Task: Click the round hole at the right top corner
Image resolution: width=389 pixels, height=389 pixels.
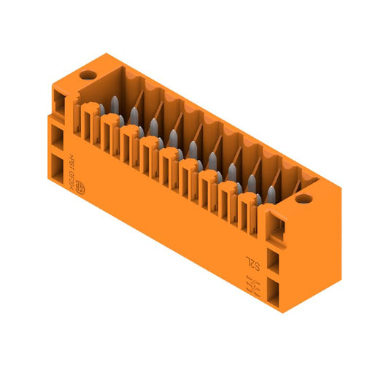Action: [x=304, y=198]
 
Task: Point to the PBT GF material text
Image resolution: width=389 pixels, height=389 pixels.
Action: [x=85, y=166]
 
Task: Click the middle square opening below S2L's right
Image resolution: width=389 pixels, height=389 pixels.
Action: [x=275, y=260]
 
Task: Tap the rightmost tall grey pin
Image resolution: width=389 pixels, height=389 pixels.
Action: [x=271, y=193]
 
